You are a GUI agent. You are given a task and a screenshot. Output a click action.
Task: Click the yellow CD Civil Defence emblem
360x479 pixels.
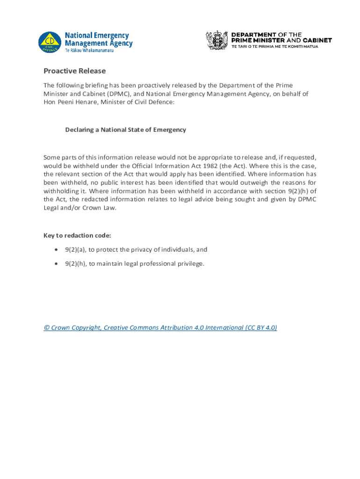pos(50,42)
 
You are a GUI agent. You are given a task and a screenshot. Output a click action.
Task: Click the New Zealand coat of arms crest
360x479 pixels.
pos(217,40)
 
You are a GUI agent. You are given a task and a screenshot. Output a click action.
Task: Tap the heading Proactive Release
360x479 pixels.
pos(75,71)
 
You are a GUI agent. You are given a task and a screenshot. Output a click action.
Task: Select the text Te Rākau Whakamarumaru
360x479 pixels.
pos(89,51)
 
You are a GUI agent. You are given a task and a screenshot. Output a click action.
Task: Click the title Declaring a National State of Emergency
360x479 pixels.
pos(125,130)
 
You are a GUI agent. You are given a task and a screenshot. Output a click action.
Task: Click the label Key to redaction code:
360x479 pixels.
pos(77,235)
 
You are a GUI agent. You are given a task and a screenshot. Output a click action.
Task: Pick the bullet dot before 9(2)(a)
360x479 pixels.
pos(56,250)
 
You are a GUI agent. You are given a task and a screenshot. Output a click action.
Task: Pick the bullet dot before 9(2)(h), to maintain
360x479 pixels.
pos(56,264)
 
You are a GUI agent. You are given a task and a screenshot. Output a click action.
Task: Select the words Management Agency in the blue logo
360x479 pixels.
pos(98,44)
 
